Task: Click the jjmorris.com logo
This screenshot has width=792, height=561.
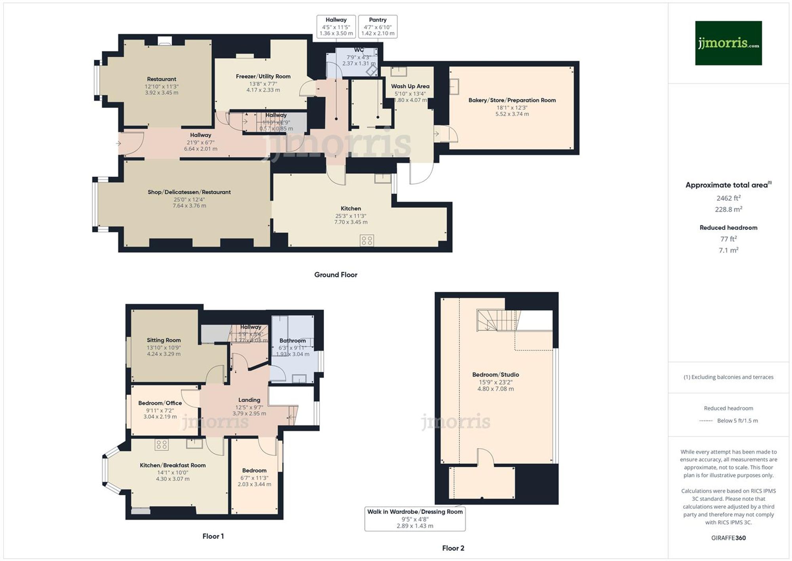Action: (x=728, y=43)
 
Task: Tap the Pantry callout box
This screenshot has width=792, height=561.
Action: (x=377, y=27)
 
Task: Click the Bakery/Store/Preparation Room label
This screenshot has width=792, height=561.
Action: (x=512, y=100)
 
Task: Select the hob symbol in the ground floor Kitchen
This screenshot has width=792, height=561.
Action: (x=367, y=240)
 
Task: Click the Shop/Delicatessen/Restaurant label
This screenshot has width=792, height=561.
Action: (x=189, y=192)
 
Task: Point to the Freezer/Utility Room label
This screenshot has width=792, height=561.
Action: (x=263, y=77)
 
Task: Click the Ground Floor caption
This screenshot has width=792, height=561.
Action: (x=335, y=275)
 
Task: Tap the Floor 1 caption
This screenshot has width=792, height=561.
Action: (x=213, y=536)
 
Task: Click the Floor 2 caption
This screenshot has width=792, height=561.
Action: (x=453, y=548)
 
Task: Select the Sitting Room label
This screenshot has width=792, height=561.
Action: (x=164, y=340)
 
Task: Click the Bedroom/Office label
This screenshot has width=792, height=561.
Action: (x=160, y=403)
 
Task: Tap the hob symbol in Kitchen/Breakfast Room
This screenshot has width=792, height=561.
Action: (x=162, y=444)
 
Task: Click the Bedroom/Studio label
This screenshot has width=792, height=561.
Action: (x=495, y=375)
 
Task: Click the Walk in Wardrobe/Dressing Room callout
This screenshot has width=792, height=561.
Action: (x=415, y=519)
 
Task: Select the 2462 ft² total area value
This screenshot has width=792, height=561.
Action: (x=728, y=198)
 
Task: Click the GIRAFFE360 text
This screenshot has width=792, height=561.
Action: (x=728, y=538)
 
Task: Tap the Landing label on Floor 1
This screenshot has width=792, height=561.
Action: (x=249, y=400)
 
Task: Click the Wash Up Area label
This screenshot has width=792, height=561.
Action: (x=410, y=86)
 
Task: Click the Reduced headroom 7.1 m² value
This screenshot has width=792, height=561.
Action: (x=728, y=250)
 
